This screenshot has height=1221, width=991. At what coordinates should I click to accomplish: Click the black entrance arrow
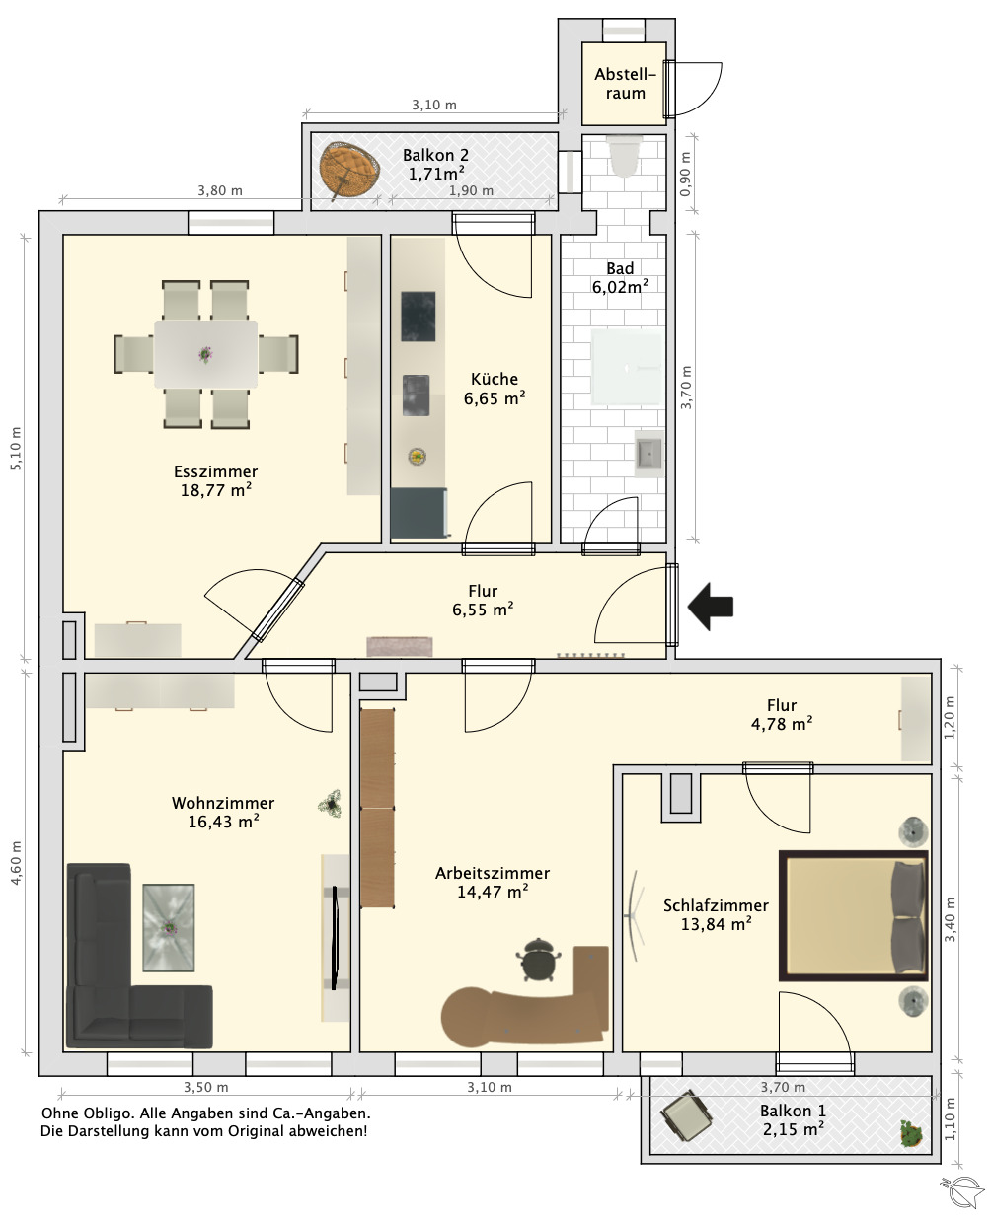tap(710, 607)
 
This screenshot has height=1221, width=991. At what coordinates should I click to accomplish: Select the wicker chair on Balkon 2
tap(349, 171)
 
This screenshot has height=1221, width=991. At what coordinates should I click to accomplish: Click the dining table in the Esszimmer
tap(205, 354)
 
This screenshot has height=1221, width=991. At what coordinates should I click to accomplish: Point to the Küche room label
tap(495, 379)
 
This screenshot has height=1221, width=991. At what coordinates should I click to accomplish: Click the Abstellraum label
tap(625, 83)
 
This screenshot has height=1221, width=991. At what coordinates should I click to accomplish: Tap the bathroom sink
tap(648, 454)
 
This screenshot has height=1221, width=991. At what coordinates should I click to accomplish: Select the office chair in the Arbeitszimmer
tap(539, 960)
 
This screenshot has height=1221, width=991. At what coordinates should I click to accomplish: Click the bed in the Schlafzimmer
tap(853, 915)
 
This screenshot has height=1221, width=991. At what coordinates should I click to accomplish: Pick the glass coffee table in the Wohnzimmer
tap(168, 927)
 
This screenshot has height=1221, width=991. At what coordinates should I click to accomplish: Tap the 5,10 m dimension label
tap(17, 449)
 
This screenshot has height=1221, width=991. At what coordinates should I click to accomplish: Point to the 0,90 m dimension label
tap(685, 175)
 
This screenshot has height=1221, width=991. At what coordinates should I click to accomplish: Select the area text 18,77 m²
tap(215, 490)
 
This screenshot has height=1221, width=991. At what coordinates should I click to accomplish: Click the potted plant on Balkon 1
tap(911, 1133)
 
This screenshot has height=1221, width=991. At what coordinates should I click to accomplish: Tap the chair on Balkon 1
tap(686, 1116)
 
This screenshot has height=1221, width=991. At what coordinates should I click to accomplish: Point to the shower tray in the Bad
tap(626, 368)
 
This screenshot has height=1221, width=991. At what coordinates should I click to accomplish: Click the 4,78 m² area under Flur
tap(782, 724)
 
